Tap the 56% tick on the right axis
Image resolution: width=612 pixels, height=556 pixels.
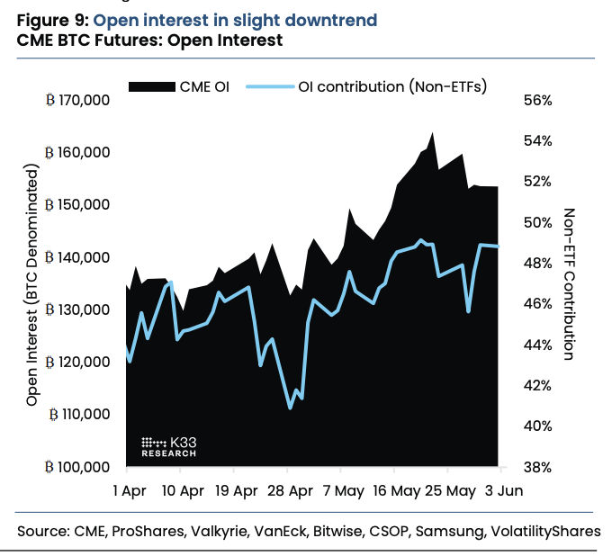(x=536, y=100)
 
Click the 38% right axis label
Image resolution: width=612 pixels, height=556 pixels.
(x=536, y=467)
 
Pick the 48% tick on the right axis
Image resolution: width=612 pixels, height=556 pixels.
(x=536, y=263)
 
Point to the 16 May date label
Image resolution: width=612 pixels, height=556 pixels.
(x=397, y=491)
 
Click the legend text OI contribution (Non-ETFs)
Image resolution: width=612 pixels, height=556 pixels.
(x=391, y=86)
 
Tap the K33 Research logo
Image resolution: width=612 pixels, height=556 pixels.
(x=170, y=446)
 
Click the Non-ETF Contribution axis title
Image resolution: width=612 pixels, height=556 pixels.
(x=569, y=283)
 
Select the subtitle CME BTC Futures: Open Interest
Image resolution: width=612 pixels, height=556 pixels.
(x=148, y=40)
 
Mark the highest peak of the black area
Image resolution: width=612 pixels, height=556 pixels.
(x=433, y=133)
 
